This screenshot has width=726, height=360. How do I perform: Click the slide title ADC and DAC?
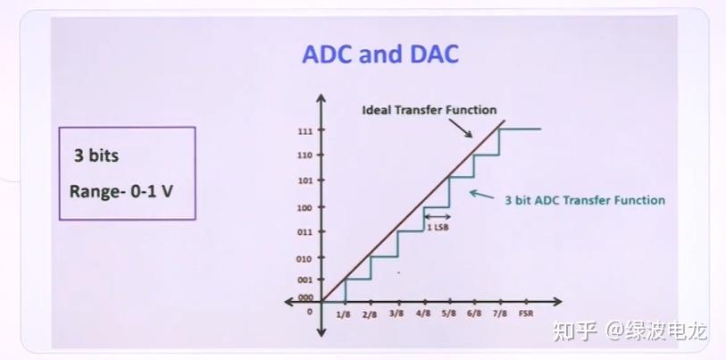(x=380, y=54)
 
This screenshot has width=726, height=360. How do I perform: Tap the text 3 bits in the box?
(x=96, y=155)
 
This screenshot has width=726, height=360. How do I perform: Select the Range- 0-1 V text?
(x=121, y=191)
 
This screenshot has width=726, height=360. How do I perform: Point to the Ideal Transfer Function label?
(x=429, y=110)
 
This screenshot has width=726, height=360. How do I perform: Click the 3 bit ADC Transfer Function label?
(x=585, y=200)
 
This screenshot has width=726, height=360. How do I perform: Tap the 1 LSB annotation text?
(x=438, y=227)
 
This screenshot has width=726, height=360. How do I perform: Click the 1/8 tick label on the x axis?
(x=344, y=314)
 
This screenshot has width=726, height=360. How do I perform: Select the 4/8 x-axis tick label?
(x=423, y=314)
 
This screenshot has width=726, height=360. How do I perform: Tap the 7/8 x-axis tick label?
(x=500, y=314)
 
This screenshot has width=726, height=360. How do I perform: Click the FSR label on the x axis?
(x=525, y=314)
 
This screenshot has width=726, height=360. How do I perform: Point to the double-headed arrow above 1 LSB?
(x=438, y=216)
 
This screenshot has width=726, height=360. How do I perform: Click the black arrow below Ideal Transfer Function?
(x=461, y=128)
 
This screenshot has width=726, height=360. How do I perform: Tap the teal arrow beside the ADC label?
(x=481, y=194)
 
